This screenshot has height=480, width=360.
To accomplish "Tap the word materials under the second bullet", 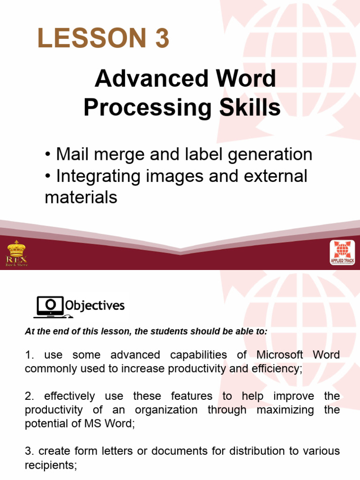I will point(81,197).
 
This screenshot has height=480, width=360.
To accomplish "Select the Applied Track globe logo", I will point(342,253).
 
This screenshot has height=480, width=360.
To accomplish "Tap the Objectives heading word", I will point(95,306).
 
